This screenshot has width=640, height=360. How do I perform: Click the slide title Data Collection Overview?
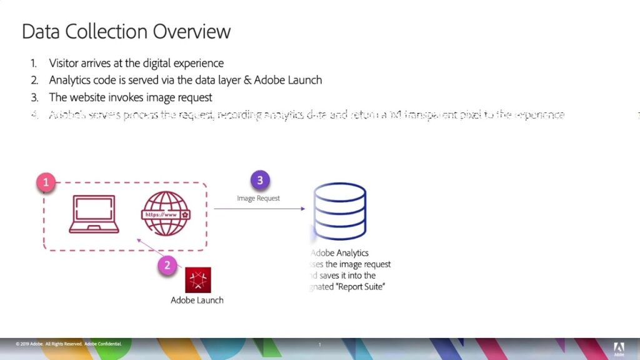[x=126, y=32]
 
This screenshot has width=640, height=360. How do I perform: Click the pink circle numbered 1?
[x=45, y=182]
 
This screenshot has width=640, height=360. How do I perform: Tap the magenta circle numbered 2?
[x=167, y=265]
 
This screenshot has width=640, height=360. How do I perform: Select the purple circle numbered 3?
[x=260, y=181]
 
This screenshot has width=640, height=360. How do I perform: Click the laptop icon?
[x=94, y=214]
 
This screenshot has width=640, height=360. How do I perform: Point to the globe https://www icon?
[x=165, y=214]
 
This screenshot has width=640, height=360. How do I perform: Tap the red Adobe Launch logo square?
[x=197, y=279]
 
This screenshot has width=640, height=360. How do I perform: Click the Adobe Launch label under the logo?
[x=197, y=300]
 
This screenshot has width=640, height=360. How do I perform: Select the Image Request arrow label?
[x=258, y=198]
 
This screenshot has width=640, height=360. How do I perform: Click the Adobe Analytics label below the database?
[x=341, y=253]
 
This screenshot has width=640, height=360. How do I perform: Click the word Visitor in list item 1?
[x=64, y=63]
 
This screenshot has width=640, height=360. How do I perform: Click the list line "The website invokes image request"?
[x=131, y=97]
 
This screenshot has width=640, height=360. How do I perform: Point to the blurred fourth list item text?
[x=306, y=115]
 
